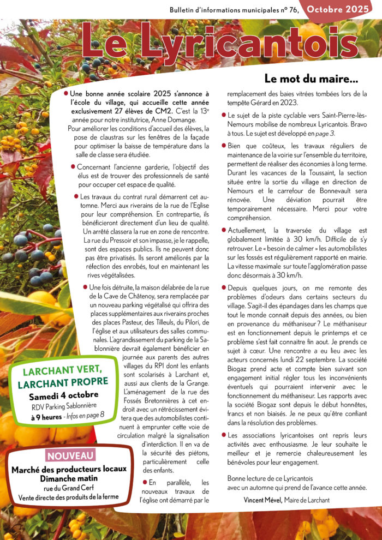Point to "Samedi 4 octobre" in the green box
coord(64,394)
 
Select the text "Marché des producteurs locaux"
coord(69,469)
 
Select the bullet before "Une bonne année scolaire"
coord(66,94)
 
